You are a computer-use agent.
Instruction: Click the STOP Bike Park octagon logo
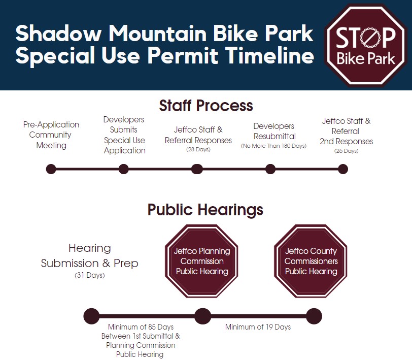(366, 46)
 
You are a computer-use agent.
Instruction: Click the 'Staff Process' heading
(206, 106)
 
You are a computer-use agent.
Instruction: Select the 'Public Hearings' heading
(205, 210)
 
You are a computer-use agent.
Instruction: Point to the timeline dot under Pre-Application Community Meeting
(51, 169)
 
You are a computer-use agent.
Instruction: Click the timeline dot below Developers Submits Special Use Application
(123, 169)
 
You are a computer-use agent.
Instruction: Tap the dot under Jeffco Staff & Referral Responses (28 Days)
(197, 169)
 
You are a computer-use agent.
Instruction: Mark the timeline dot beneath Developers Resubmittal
(270, 169)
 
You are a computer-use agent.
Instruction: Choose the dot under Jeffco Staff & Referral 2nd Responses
(343, 169)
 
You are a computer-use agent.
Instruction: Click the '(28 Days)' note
(198, 149)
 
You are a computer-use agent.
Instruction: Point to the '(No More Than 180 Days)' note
(273, 146)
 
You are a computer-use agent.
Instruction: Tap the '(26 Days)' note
(347, 151)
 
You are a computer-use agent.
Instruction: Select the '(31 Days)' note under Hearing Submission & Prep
(90, 275)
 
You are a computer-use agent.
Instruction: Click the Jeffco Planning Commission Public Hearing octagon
(201, 261)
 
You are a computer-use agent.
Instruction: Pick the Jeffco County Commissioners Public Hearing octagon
(311, 261)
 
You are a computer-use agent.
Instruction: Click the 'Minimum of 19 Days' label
(258, 327)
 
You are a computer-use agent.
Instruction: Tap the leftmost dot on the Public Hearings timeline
(91, 316)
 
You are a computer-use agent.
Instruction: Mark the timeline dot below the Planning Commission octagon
(202, 316)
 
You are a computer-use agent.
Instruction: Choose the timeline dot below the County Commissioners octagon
(314, 316)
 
